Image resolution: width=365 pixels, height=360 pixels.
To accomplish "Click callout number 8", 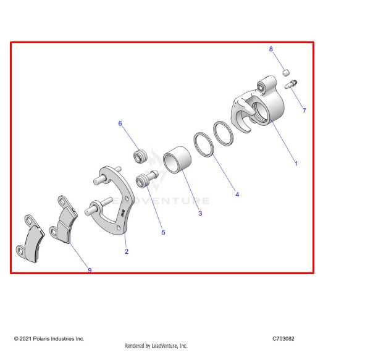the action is tap(271, 49).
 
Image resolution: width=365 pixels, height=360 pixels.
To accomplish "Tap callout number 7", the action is tap(304, 111).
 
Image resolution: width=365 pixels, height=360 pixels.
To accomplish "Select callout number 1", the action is tap(296, 164).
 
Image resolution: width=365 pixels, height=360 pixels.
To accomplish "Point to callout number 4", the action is tap(237, 195).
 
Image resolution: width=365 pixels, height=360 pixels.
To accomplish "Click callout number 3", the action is tap(200, 214).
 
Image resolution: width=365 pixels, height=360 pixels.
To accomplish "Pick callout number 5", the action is tap(163, 232).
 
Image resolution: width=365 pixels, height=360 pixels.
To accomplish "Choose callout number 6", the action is tap(120, 123).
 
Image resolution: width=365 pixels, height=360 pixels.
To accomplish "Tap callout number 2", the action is tap(127, 251).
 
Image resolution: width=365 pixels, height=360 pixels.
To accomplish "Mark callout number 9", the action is tap(90, 270).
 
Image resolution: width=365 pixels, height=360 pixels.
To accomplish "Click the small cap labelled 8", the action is tap(286, 73).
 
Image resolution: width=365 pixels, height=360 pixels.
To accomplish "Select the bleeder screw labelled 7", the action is tap(291, 84).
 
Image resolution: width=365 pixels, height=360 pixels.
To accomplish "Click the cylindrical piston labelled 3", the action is tap(177, 160).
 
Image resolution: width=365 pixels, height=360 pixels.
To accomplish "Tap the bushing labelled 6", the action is tap(140, 156).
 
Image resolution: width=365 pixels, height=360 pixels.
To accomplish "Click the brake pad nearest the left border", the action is tap(30, 239).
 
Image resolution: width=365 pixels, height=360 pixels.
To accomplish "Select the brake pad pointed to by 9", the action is tap(64, 220).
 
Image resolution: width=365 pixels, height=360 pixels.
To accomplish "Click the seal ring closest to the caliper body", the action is tap(224, 133).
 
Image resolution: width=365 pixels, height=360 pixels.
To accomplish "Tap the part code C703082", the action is tap(283, 338).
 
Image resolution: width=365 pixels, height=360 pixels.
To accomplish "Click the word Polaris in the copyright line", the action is tap(41, 338).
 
